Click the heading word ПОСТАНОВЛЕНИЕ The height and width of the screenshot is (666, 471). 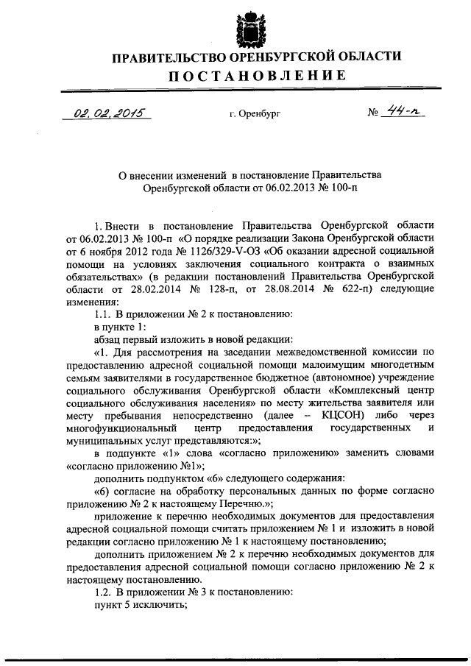click(256, 75)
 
